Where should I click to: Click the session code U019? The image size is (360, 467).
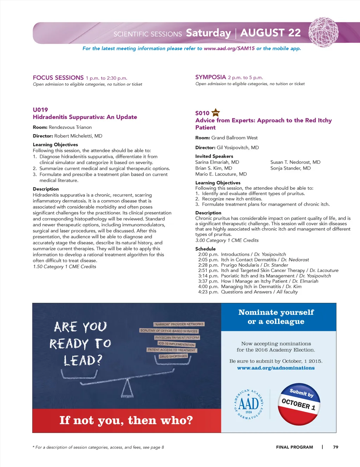click(x=40, y=110)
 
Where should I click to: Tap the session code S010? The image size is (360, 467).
click(x=202, y=113)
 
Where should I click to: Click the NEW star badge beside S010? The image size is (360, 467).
click(x=216, y=113)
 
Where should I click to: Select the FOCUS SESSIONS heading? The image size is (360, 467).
click(x=58, y=78)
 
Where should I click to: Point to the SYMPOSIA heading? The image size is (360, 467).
click(x=211, y=77)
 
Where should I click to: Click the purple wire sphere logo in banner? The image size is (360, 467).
click(x=323, y=32)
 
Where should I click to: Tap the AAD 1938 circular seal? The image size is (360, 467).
click(x=249, y=404)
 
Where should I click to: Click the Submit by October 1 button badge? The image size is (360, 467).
click(x=299, y=404)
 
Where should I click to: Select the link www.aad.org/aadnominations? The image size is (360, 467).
click(x=276, y=368)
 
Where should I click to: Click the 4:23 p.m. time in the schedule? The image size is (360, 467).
click(x=208, y=292)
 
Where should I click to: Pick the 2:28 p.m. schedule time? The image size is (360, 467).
click(x=208, y=265)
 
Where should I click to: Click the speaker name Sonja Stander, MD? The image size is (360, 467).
click(x=290, y=168)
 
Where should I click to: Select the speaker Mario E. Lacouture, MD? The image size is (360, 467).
click(x=221, y=174)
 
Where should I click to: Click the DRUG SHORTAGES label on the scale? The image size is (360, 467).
click(x=173, y=356)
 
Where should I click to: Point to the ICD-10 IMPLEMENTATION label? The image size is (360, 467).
click(x=176, y=344)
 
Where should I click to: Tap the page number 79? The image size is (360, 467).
click(x=336, y=447)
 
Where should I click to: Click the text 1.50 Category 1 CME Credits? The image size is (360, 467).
click(x=64, y=267)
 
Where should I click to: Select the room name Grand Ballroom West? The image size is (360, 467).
click(x=234, y=138)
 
